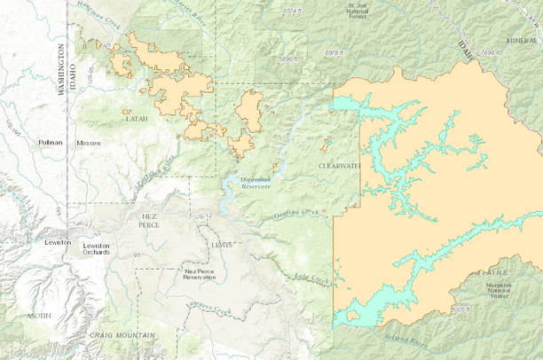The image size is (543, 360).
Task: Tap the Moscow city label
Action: coord(89,143)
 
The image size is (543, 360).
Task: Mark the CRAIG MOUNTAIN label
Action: coord(122,335)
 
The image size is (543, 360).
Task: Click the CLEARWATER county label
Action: coord(340,165)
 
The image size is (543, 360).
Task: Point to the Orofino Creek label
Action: coord(296,213)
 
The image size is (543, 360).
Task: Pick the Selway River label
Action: coord(407,339)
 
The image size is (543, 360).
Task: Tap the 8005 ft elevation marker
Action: coord(460,309)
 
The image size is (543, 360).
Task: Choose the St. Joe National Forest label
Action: coord(357,10)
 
